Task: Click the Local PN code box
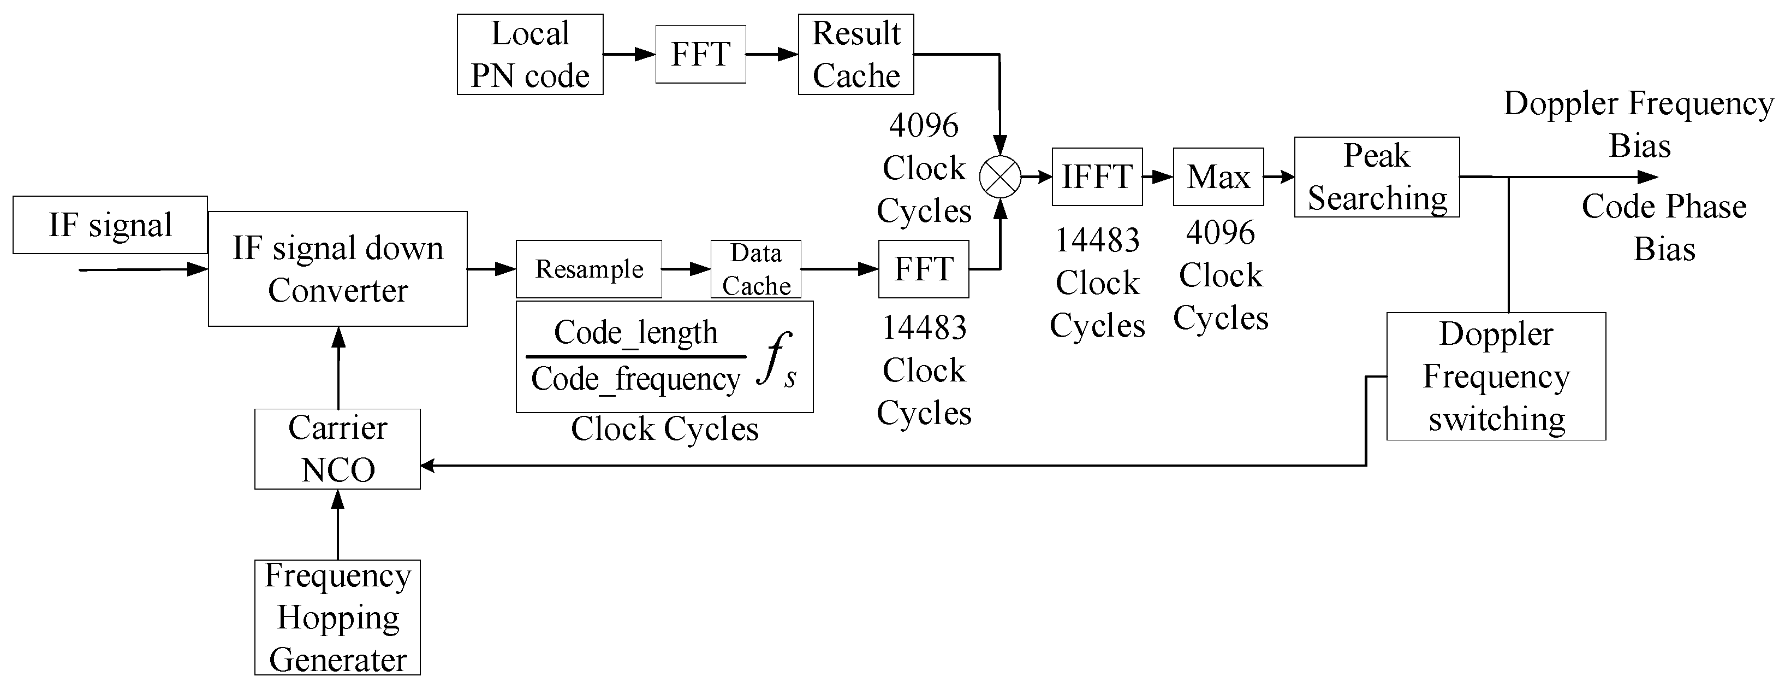pos(529,54)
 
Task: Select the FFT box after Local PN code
pos(700,54)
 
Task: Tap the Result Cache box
pos(856,54)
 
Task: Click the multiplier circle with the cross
pos(1000,177)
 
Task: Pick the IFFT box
pos(1097,177)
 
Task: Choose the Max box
pos(1218,177)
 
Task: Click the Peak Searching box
pos(1377,177)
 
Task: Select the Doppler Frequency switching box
pos(1496,376)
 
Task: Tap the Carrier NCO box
pos(337,449)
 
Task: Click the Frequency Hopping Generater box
pos(337,618)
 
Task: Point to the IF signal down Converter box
pos(337,268)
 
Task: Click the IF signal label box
pos(110,225)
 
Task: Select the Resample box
pos(589,269)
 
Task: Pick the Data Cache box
pos(756,269)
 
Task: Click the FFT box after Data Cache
pos(924,269)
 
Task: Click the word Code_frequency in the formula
pos(635,379)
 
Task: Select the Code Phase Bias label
pos(1664,227)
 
